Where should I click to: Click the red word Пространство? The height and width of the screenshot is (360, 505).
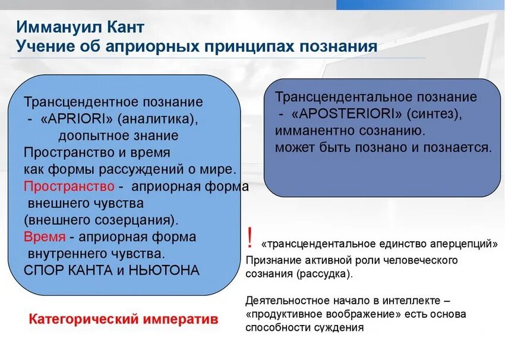tap(69, 186)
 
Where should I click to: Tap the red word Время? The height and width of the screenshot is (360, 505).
tap(45, 236)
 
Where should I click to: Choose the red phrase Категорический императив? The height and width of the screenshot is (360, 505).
tap(124, 319)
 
